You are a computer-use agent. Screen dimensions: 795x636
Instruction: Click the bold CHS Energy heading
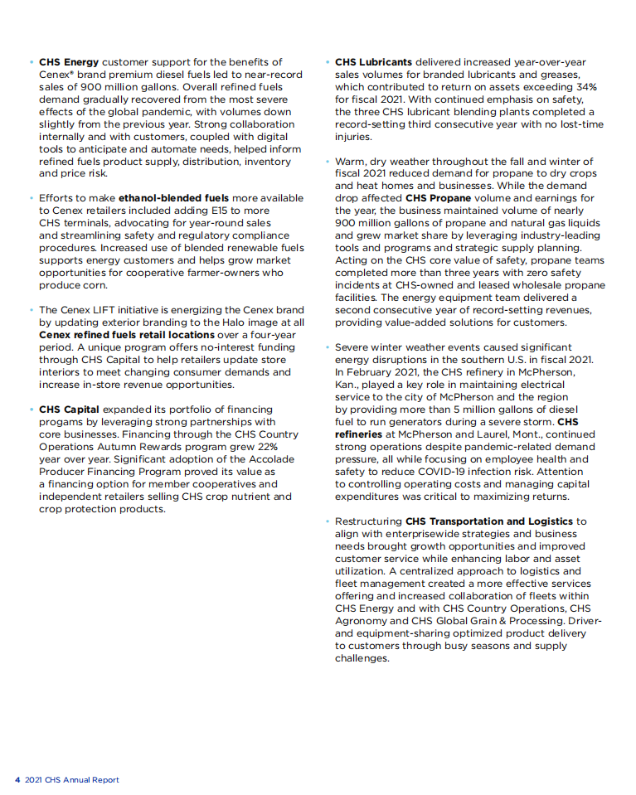tap(69, 62)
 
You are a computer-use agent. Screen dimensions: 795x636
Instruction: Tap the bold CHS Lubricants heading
tap(373, 62)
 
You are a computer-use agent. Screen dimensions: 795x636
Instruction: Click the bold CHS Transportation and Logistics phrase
tap(488, 521)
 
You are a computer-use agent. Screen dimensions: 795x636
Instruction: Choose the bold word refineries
tap(359, 434)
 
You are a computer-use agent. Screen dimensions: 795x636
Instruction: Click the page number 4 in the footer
tap(17, 780)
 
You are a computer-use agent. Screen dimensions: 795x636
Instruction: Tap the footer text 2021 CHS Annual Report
tap(72, 780)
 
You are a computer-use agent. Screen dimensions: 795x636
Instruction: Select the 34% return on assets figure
tap(586, 87)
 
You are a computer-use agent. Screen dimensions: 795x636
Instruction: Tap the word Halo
tap(229, 322)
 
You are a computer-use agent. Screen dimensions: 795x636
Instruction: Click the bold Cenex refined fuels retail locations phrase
tap(127, 335)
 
